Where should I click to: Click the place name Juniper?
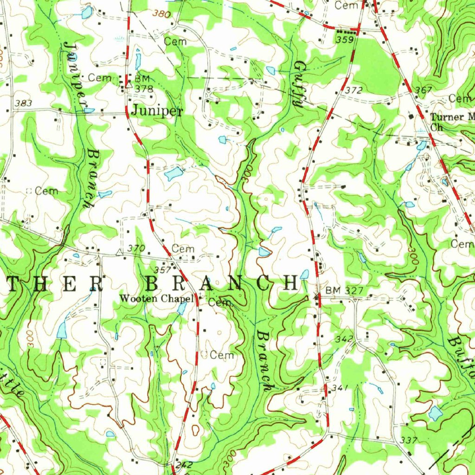click(157, 110)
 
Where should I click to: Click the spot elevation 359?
click(345, 40)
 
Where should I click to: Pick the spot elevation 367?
click(424, 90)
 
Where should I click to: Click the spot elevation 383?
click(23, 103)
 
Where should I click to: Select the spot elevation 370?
click(136, 249)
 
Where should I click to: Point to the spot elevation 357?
click(162, 270)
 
